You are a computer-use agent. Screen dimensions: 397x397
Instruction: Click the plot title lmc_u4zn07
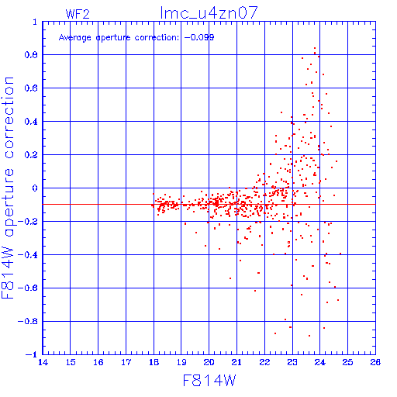pyautogui.click(x=209, y=12)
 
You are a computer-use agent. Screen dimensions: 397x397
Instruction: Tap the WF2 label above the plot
pyautogui.click(x=78, y=14)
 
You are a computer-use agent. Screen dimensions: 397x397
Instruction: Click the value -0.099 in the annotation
pyautogui.click(x=199, y=37)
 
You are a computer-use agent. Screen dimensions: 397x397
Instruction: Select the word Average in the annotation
pyautogui.click(x=75, y=38)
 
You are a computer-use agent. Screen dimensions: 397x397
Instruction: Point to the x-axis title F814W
pyautogui.click(x=209, y=381)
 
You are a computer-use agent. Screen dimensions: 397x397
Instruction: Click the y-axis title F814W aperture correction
pyautogui.click(x=8, y=188)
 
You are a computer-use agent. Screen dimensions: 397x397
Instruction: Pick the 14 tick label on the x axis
pyautogui.click(x=43, y=362)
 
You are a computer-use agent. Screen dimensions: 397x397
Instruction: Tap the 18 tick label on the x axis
pyautogui.click(x=154, y=362)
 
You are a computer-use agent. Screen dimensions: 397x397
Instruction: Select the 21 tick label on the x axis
pyautogui.click(x=236, y=362)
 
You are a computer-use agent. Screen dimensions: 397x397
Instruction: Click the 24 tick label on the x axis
pyautogui.click(x=320, y=362)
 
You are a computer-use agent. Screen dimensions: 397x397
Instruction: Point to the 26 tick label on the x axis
pyautogui.click(x=375, y=362)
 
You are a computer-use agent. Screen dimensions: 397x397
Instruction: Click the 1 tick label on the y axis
pyautogui.click(x=35, y=22)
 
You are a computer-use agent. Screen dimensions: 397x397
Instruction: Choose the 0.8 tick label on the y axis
pyautogui.click(x=31, y=55)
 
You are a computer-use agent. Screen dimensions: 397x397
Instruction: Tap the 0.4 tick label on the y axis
pyautogui.click(x=31, y=122)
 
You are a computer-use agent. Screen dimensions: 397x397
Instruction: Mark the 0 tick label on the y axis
pyautogui.click(x=35, y=188)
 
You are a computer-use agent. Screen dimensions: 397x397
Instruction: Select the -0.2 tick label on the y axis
pyautogui.click(x=28, y=222)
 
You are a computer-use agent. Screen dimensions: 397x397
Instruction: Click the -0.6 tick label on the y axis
pyautogui.click(x=28, y=288)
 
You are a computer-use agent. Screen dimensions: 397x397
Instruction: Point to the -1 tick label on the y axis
pyautogui.click(x=32, y=354)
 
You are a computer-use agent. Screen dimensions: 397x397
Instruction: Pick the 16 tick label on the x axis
pyautogui.click(x=98, y=362)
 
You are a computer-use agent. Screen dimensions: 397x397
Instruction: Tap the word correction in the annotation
pyautogui.click(x=157, y=38)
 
